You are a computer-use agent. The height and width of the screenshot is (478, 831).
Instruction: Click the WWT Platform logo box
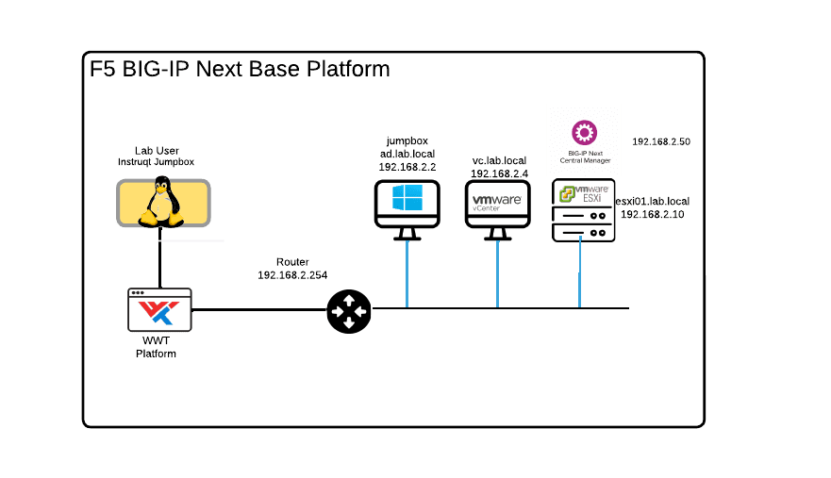pos(158,309)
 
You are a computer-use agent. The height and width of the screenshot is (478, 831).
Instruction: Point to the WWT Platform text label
pos(156,348)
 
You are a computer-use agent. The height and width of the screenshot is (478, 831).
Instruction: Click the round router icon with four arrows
pos(349,309)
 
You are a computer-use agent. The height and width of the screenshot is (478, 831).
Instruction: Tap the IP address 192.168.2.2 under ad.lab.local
pos(407,166)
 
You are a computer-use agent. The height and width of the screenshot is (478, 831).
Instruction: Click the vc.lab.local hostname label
pos(499,161)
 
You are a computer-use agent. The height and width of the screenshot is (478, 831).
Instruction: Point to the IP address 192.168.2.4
pos(499,174)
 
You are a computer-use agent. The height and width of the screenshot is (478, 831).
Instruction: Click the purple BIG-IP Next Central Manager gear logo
pos(585,129)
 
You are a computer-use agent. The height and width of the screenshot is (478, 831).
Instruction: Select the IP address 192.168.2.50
pos(661,141)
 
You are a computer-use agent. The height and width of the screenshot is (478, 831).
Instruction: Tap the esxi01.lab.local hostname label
pos(653,201)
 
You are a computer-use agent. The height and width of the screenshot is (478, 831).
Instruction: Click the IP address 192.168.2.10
pos(653,215)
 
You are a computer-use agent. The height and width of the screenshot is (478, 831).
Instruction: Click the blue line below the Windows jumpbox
pos(407,273)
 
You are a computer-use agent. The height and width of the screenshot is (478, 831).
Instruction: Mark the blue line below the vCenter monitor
pos(497,273)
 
